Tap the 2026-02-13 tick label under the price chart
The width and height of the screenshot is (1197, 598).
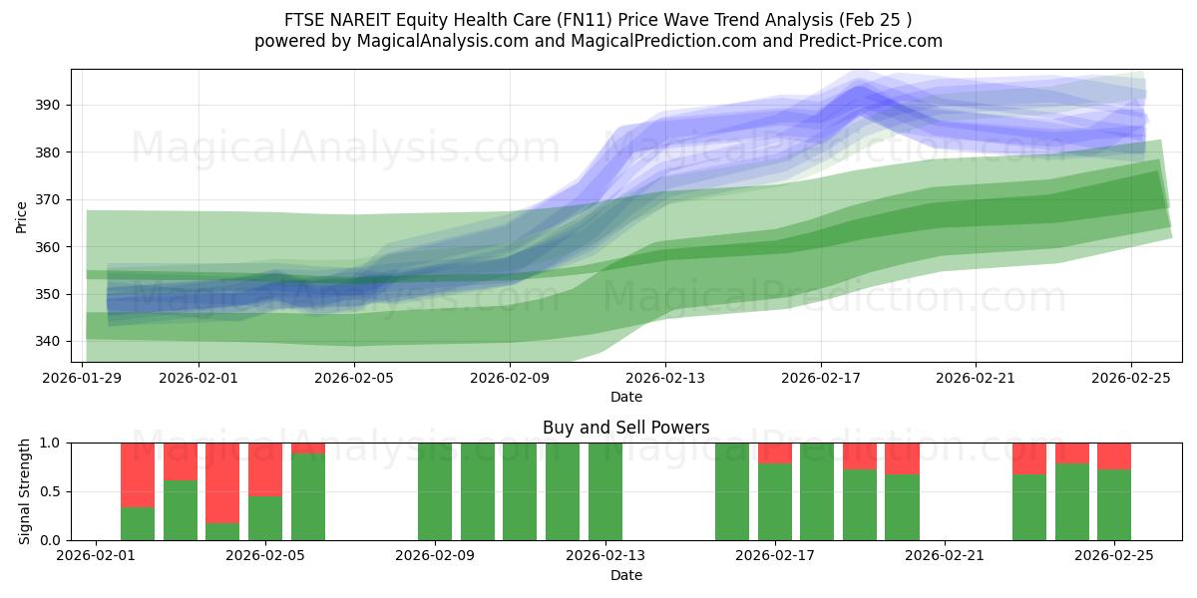point(665,378)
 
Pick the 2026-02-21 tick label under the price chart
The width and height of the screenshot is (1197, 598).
point(976,378)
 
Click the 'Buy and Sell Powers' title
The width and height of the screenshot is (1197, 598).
point(625,428)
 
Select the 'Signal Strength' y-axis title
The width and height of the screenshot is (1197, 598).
point(25,491)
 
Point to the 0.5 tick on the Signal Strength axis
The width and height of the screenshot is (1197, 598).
point(50,491)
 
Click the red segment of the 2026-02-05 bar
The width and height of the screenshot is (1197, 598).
point(265,468)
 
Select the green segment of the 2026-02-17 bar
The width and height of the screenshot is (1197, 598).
point(775,501)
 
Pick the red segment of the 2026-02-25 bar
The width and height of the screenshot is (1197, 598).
point(1114,455)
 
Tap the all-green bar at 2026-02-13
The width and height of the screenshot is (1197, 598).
point(605,491)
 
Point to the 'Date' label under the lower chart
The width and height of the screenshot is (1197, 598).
point(625,575)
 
